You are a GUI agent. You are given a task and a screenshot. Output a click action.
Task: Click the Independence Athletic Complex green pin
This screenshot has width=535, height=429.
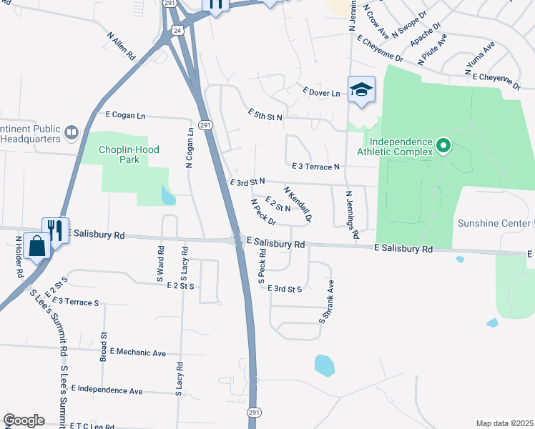click(443, 147)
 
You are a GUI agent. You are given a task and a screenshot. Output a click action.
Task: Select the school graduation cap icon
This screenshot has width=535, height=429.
click(361, 90)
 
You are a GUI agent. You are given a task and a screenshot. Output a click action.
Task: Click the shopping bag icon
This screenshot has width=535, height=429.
click(36, 247)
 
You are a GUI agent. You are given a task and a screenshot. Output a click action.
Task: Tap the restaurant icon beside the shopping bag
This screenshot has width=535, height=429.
click(55, 230)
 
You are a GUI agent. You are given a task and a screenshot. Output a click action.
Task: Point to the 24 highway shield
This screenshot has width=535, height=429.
click(176, 30)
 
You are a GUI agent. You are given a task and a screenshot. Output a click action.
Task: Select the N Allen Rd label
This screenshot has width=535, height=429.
click(122, 44)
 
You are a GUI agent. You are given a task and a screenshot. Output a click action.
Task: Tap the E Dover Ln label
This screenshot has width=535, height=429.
click(321, 92)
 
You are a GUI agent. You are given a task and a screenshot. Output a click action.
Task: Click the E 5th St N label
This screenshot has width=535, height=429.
click(265, 115)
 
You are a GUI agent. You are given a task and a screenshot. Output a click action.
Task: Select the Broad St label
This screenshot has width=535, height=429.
click(104, 344)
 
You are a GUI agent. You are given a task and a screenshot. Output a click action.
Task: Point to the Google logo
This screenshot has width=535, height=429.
click(24, 420)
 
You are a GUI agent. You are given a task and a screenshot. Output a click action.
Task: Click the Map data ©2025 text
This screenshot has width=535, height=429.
click(504, 423)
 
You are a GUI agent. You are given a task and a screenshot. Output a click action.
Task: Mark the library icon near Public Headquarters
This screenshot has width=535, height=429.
click(71, 132)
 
